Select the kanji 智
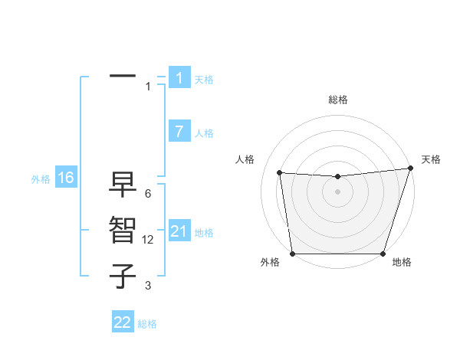[123, 231]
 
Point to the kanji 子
[123, 276]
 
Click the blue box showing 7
[179, 131]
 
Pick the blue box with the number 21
[179, 231]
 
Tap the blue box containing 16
[65, 178]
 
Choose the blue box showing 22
[123, 322]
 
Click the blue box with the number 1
[179, 77]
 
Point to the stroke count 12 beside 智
[149, 240]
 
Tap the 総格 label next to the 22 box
[147, 324]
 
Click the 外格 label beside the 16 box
[41, 179]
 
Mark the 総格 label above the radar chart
[337, 100]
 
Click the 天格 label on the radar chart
[431, 159]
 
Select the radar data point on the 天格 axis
[410, 169]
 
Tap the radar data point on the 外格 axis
[293, 254]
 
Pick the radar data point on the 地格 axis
[383, 254]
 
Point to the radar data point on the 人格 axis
[280, 173]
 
